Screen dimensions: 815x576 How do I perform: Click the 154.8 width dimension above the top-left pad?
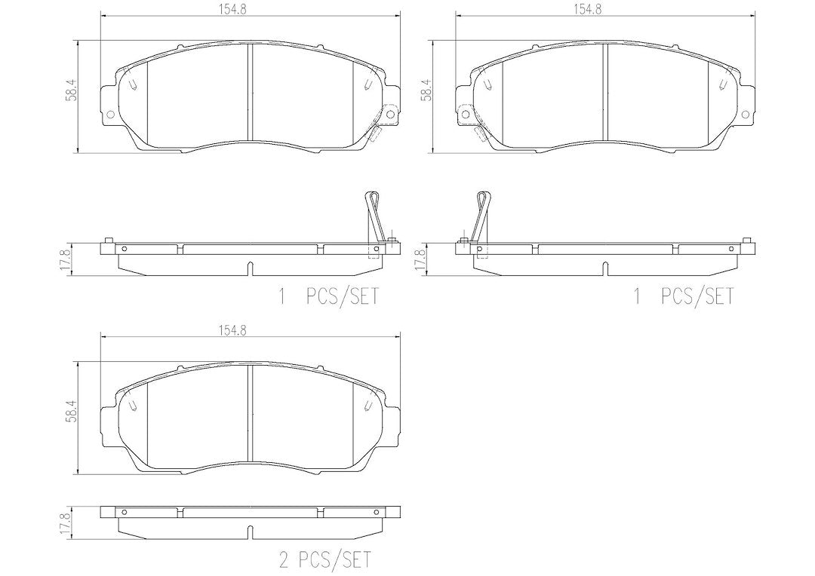click(x=250, y=9)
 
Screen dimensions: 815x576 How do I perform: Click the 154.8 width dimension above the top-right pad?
click(x=605, y=9)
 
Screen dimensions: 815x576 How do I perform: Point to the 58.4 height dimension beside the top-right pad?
click(x=426, y=90)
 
